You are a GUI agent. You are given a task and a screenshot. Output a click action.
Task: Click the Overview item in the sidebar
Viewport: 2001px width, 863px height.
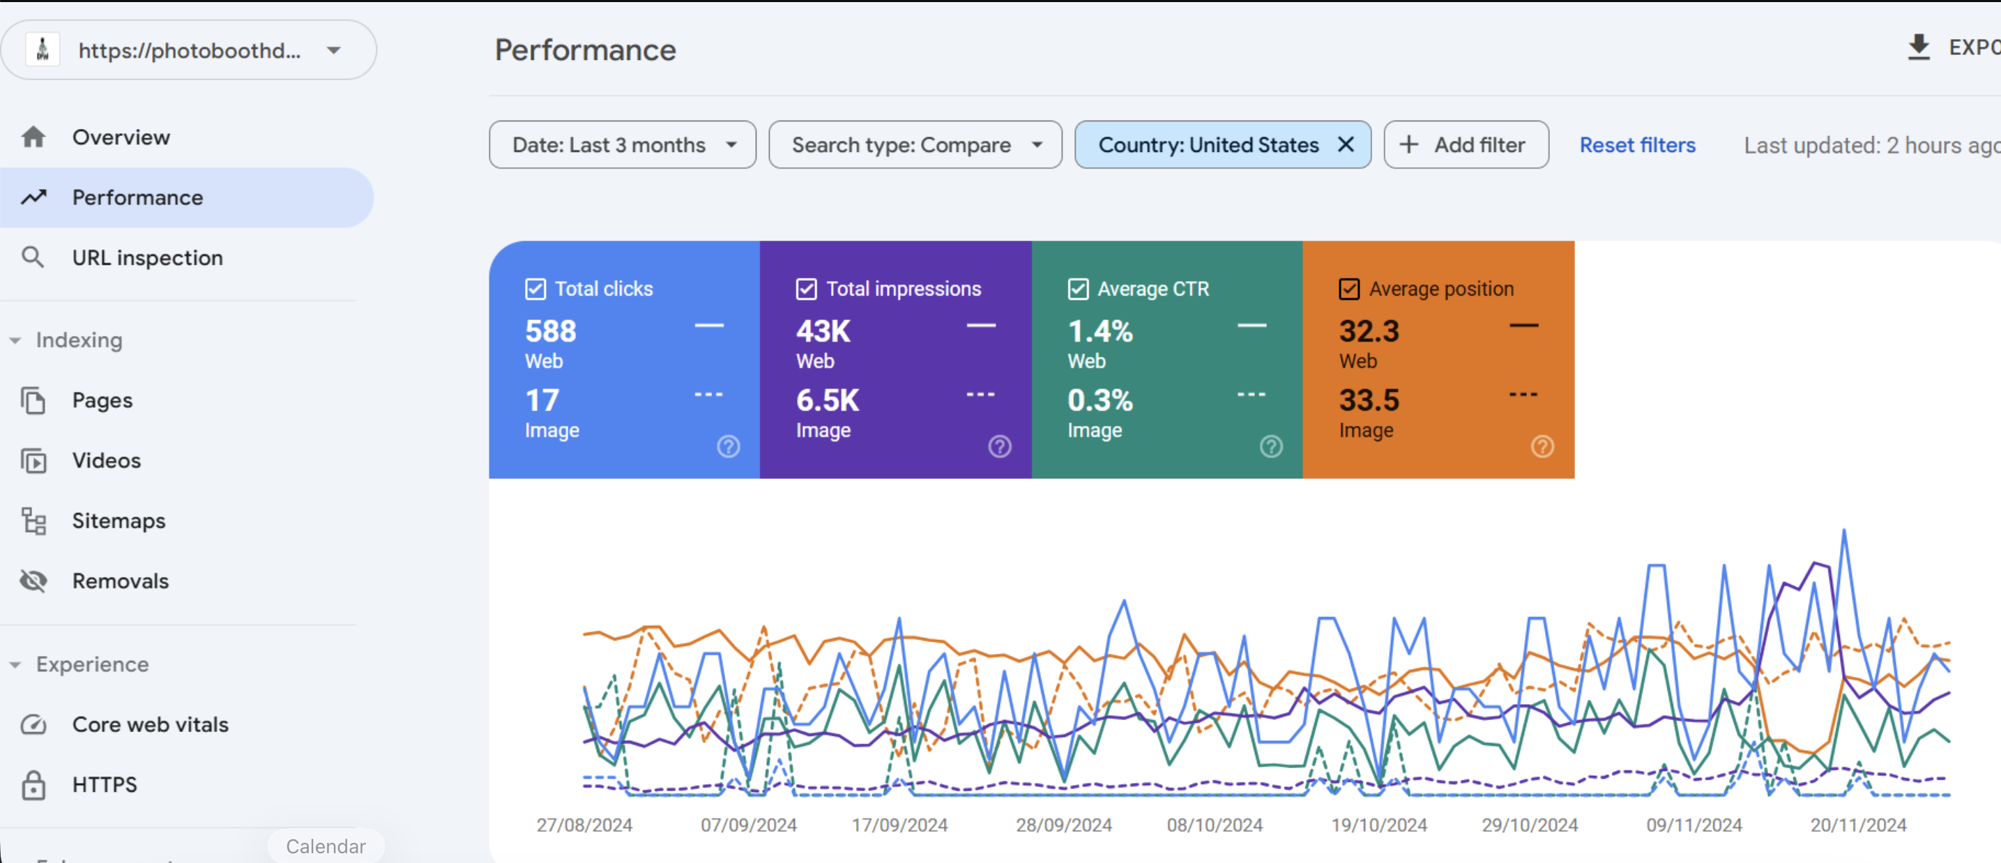tap(121, 137)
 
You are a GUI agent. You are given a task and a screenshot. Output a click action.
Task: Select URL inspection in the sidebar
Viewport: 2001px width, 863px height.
tap(147, 258)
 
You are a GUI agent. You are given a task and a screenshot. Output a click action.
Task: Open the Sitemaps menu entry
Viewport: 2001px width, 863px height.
tap(118, 521)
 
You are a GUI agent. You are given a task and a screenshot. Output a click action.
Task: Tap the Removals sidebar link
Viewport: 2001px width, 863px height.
tap(120, 581)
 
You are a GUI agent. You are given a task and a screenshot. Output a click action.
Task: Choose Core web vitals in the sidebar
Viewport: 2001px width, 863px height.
tap(150, 725)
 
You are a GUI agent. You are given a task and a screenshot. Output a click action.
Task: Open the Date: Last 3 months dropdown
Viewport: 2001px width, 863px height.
tap(622, 145)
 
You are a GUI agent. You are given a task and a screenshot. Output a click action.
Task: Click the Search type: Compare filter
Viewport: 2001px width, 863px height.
tap(915, 145)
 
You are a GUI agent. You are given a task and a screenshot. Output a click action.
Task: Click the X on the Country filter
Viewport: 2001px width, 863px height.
tap(1346, 144)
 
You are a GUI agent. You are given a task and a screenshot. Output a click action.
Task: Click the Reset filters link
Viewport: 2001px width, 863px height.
tap(1638, 145)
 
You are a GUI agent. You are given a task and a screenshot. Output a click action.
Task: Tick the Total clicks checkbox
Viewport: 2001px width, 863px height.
tap(535, 289)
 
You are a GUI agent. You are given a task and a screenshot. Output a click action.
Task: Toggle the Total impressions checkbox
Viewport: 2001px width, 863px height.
tap(806, 289)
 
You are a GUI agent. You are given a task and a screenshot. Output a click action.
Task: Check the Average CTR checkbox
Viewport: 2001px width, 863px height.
tap(1078, 289)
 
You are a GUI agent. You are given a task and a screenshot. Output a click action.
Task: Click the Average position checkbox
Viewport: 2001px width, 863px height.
tap(1349, 289)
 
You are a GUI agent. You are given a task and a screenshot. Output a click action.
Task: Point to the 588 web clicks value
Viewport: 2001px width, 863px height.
tap(551, 332)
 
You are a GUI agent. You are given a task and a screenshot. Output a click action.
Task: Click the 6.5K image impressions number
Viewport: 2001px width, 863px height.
tap(828, 401)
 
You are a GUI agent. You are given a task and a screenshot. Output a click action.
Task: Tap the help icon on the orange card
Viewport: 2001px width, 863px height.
tap(1542, 447)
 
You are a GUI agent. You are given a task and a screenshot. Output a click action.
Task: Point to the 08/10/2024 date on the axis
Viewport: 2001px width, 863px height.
tap(1215, 825)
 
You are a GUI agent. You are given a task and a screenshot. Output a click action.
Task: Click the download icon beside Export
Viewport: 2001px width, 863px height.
tap(1919, 47)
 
